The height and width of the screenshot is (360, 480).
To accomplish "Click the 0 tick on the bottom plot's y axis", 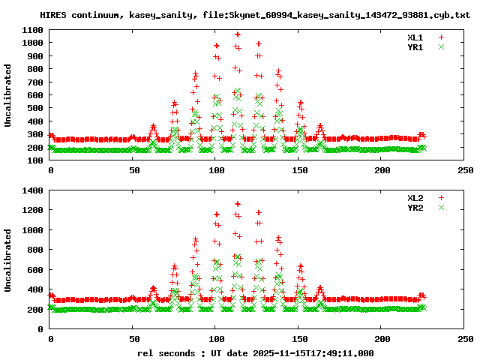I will (42, 328).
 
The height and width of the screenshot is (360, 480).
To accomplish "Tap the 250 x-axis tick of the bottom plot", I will (466, 339).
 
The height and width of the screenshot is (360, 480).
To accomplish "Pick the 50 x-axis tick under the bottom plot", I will (133, 339).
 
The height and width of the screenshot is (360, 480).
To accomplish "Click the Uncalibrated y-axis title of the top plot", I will (8, 95).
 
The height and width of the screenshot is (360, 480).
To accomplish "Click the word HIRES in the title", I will (53, 15).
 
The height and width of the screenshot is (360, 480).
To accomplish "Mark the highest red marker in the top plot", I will (238, 34).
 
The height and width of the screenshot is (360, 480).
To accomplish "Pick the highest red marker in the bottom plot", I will (238, 203).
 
